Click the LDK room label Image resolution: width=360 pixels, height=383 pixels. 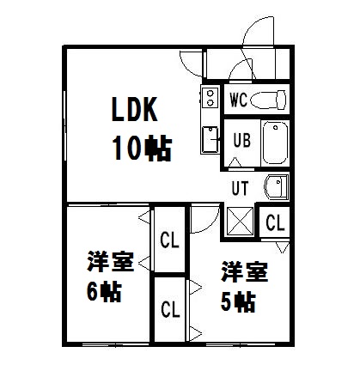(134, 109)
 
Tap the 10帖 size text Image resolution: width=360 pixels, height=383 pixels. (143, 149)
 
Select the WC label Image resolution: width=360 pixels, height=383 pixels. (238, 100)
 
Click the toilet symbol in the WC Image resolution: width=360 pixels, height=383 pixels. (268, 100)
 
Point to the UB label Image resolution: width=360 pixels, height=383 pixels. (241, 140)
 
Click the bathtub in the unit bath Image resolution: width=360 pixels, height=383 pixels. (275, 143)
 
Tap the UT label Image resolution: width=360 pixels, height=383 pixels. (240, 188)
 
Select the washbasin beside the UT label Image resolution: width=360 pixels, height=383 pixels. (277, 187)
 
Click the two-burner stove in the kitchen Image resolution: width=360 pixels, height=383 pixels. (211, 98)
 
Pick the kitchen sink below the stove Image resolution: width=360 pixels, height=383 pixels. (210, 140)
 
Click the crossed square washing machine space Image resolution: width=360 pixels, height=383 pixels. (240, 222)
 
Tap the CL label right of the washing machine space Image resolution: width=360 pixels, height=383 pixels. (275, 222)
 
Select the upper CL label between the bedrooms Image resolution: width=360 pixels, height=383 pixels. (169, 240)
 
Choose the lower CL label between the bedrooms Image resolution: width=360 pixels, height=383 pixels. (170, 309)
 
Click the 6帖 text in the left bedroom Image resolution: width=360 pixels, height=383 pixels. (104, 291)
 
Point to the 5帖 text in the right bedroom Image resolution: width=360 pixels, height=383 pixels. (238, 301)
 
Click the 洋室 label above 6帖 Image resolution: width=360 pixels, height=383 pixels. (111, 261)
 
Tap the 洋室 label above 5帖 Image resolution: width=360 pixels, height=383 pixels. (244, 271)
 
